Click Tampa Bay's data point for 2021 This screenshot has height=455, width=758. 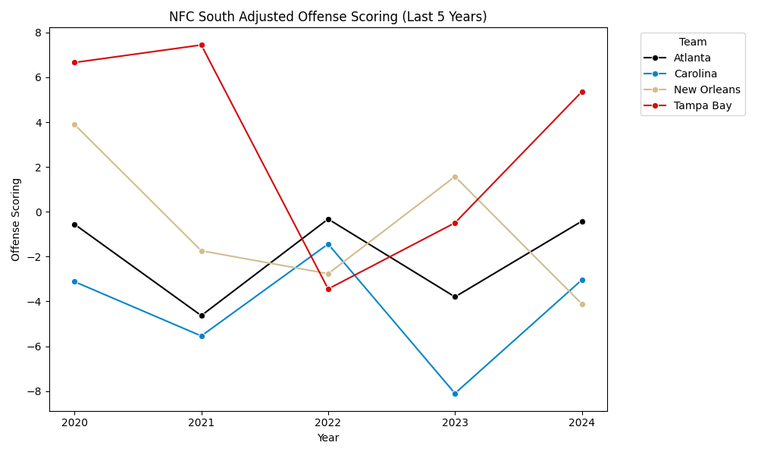pos(202,45)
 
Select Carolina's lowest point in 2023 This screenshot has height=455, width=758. pos(455,394)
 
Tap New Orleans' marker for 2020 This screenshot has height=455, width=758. pos(74,124)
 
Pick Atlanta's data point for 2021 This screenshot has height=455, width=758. pos(202,315)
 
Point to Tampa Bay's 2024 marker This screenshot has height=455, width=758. pos(582,92)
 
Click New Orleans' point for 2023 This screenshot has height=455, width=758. pos(455,177)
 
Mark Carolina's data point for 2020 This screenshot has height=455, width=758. pos(74,281)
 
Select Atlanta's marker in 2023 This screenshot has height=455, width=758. pos(455,297)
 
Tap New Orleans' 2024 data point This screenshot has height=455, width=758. pos(582,304)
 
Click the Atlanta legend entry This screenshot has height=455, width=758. pos(692,58)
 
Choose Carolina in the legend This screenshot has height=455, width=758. pos(695,74)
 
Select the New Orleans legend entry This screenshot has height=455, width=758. pos(706,89)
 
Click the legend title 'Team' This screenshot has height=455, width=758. pos(693,42)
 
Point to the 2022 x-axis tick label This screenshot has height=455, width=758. pos(328,422)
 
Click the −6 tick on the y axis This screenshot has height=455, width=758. pos(35,347)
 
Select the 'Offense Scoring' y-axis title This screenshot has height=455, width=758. pos(16,219)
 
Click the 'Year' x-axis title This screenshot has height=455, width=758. pos(328,438)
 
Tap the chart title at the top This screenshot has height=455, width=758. pos(328,17)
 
